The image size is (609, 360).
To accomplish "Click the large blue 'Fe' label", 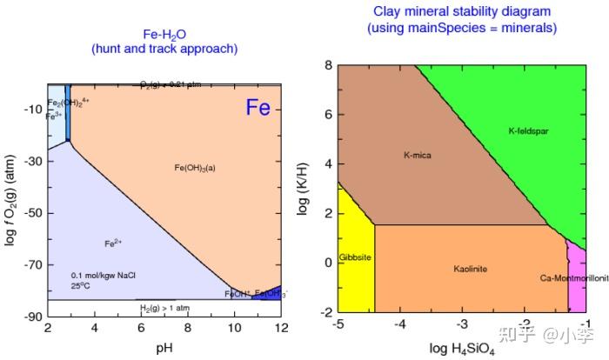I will coord(258,108).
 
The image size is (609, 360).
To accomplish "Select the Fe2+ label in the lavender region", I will coord(112,243).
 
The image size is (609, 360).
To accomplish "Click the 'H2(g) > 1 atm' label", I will coord(166,307).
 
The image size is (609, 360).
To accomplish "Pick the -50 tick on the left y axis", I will coord(32,213).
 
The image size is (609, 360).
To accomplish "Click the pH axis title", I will coord(163,347).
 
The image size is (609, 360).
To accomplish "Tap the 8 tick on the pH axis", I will coord(188,328).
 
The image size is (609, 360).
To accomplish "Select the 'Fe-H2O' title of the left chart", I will coord(164,34).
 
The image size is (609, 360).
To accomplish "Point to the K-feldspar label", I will coord(528,131).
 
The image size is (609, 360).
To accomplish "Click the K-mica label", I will coord(418,156).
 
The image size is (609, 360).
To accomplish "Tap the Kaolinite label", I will coord(470,269).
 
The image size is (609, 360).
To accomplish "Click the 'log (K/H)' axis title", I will coord(304,188).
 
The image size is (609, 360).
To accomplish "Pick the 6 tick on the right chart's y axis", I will coord(329,115).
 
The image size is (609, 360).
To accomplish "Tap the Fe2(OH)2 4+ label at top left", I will coord(68,102).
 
